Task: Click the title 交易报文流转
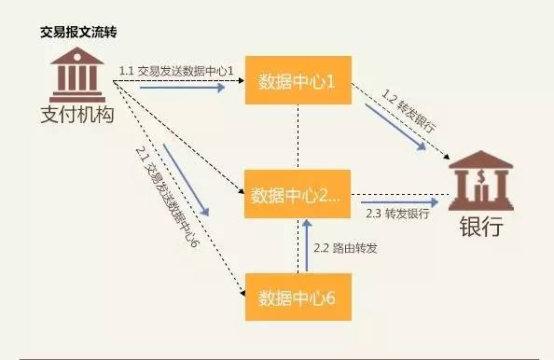pos(78,32)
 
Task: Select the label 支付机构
pos(77,114)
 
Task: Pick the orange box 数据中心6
pos(298,298)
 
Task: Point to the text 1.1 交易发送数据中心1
pos(174,71)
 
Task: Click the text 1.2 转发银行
pos(409,108)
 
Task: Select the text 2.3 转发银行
pos(397,214)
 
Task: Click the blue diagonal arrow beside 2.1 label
pos(187,176)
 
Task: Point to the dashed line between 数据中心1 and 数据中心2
pos(298,137)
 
